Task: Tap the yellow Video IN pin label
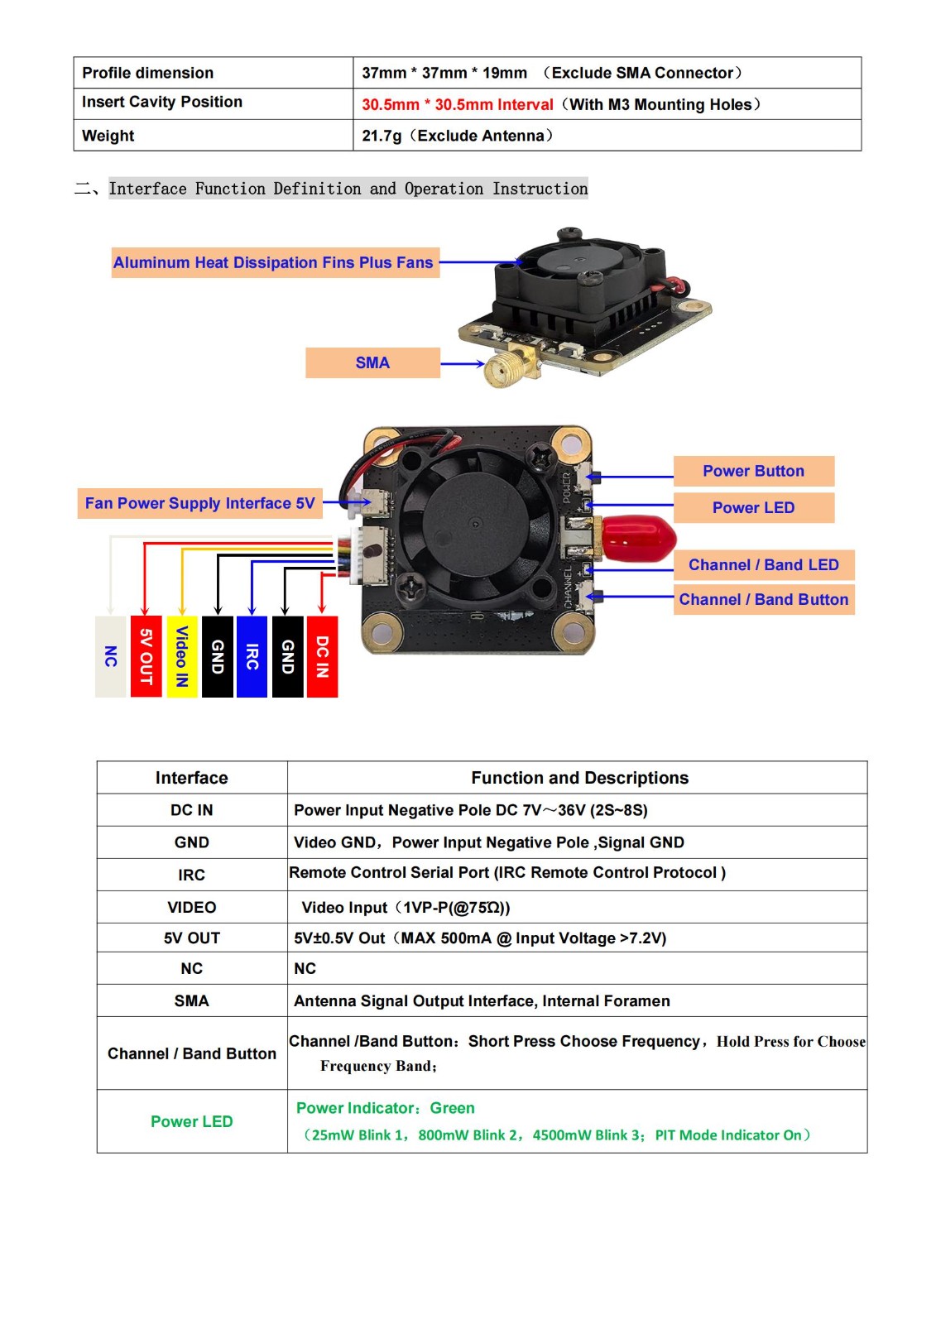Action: pyautogui.click(x=182, y=656)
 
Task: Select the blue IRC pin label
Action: pyautogui.click(x=252, y=656)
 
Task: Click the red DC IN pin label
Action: pyautogui.click(x=322, y=656)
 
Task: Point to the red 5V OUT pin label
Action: pyautogui.click(x=146, y=656)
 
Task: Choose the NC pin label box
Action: pyautogui.click(x=111, y=656)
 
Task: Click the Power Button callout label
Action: pyautogui.click(x=753, y=471)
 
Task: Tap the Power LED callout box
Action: pyautogui.click(x=753, y=507)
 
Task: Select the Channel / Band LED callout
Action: pyautogui.click(x=763, y=565)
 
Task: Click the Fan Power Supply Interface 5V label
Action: pyautogui.click(x=199, y=503)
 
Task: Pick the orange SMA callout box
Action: pyautogui.click(x=372, y=362)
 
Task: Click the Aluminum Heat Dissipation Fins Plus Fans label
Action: pyautogui.click(x=274, y=262)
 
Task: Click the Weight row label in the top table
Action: pyautogui.click(x=108, y=136)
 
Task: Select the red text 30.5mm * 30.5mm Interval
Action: pyautogui.click(x=457, y=105)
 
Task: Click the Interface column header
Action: pyautogui.click(x=191, y=778)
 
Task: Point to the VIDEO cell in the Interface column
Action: pyautogui.click(x=191, y=907)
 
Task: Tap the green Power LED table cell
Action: pyautogui.click(x=191, y=1121)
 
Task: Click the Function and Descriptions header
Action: pyautogui.click(x=579, y=778)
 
